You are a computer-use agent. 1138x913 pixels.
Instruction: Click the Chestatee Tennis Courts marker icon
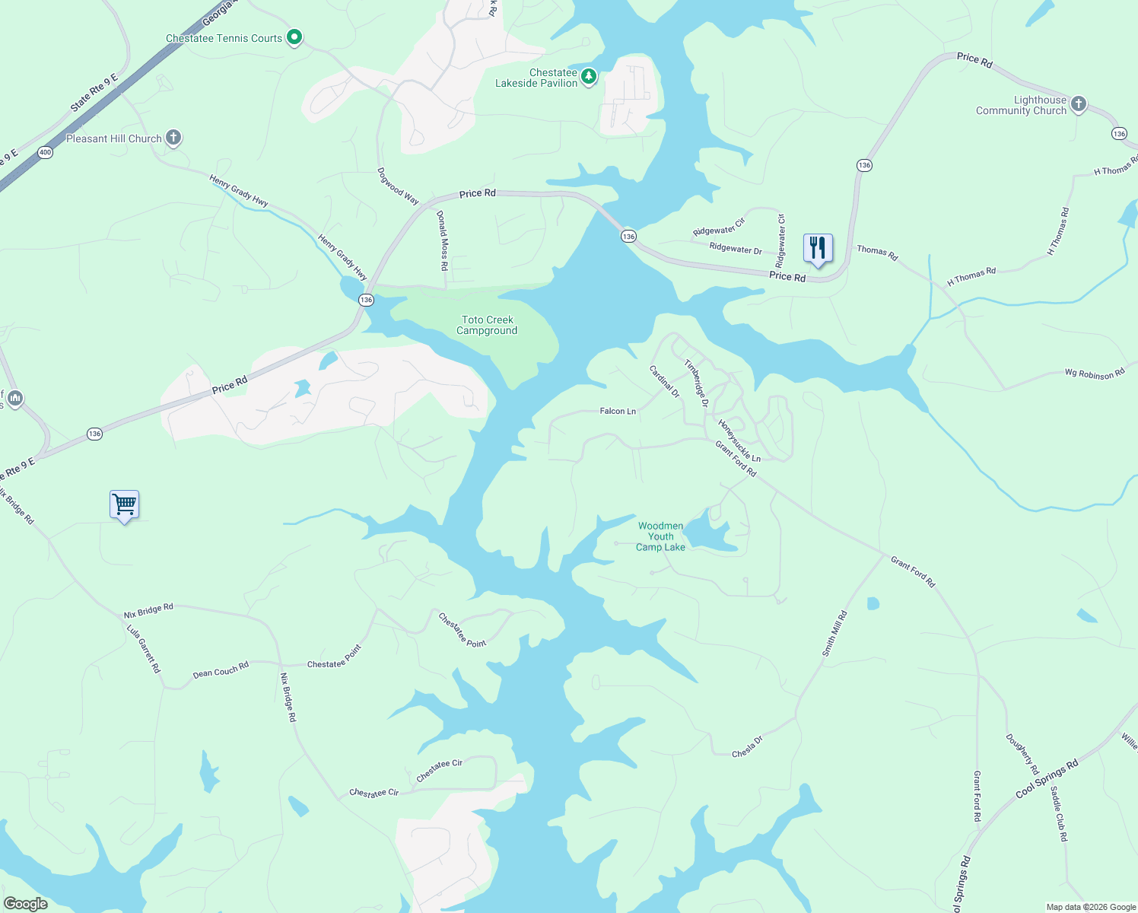click(294, 37)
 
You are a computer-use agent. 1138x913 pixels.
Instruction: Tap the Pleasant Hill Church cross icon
click(173, 138)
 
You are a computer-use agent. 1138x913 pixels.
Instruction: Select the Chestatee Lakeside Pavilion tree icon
click(589, 76)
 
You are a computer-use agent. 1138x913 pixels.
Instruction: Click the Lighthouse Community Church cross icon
click(1078, 104)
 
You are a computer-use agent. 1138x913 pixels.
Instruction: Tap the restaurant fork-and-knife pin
click(818, 248)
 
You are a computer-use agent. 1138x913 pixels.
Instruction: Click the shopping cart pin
click(124, 504)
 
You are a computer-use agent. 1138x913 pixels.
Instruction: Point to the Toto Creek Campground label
click(487, 326)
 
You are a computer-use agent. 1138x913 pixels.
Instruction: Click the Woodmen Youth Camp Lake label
click(660, 536)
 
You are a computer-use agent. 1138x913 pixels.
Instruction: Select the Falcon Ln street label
click(618, 411)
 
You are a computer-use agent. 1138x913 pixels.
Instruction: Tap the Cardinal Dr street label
click(664, 381)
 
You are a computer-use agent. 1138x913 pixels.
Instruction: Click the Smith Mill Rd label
click(834, 634)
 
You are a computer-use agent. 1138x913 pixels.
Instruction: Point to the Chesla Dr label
click(747, 747)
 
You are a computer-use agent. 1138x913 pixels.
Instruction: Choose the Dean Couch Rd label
click(221, 670)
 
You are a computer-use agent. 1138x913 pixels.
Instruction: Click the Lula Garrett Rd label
click(144, 649)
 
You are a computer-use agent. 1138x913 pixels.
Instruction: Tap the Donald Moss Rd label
click(442, 240)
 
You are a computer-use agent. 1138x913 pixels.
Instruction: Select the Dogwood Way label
click(398, 186)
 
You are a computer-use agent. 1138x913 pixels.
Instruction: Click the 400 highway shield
click(45, 152)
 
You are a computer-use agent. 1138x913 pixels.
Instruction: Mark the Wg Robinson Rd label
click(1094, 374)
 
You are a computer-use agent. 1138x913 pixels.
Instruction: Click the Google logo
click(25, 904)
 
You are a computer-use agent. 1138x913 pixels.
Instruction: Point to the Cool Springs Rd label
click(1047, 779)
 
